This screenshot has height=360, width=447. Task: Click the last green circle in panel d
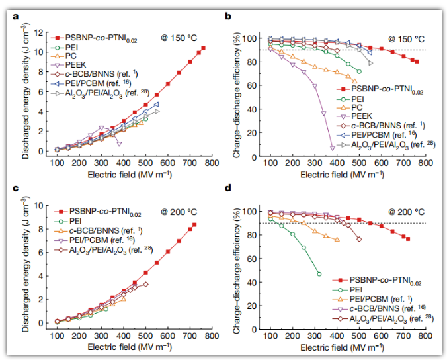(319, 274)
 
